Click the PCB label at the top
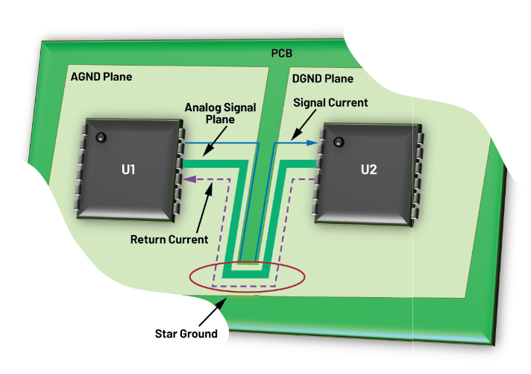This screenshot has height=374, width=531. coord(281,54)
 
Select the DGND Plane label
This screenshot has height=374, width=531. coord(323,78)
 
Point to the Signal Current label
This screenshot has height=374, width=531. coord(330,102)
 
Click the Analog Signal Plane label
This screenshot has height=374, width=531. coord(221,113)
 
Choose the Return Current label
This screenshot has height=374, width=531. coord(169,240)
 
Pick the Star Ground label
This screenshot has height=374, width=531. coord(186,333)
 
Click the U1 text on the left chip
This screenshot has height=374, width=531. coord(129,169)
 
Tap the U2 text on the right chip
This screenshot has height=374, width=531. coord(368,169)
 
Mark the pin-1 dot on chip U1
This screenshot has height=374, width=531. coord(99,137)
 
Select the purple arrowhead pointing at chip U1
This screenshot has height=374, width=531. coord(190,179)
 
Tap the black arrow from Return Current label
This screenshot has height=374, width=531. coord(204,208)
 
